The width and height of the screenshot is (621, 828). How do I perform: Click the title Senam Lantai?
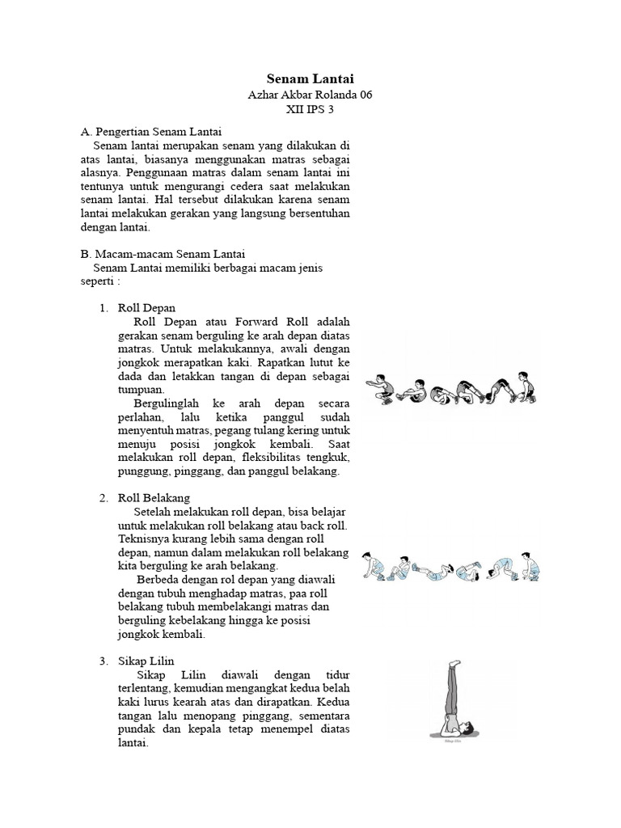pyautogui.click(x=310, y=79)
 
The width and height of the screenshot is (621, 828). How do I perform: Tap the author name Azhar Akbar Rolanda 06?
pyautogui.click(x=310, y=95)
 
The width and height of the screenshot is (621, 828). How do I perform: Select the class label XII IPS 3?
pyautogui.click(x=310, y=111)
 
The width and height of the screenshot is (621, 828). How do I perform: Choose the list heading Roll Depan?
pyautogui.click(x=146, y=308)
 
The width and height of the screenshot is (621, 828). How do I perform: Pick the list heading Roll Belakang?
pyautogui.click(x=154, y=497)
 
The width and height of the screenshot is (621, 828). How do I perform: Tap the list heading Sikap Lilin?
pyautogui.click(x=146, y=661)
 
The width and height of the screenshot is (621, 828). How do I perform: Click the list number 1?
pyautogui.click(x=103, y=308)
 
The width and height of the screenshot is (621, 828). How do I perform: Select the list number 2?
pyautogui.click(x=103, y=497)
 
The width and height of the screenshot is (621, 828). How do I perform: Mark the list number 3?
pyautogui.click(x=103, y=661)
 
